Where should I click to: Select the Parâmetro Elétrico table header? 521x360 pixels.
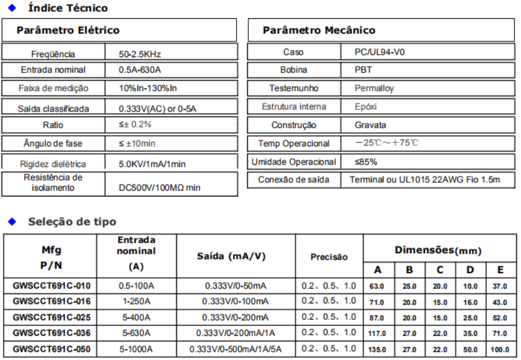click(67, 30)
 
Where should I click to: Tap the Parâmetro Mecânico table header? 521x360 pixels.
click(319, 30)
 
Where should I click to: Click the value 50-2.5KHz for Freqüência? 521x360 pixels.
click(140, 54)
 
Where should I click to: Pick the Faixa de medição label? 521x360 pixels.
click(53, 89)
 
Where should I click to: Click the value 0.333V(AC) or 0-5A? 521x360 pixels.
click(159, 109)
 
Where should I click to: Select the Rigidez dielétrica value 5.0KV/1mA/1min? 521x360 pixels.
click(152, 164)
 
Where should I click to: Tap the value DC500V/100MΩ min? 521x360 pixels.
click(159, 188)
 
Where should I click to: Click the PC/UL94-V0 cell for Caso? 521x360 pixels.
click(380, 52)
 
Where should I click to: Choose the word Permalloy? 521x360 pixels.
click(374, 89)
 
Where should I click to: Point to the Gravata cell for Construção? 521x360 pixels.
click(369, 125)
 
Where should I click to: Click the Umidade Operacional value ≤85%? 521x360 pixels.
click(366, 162)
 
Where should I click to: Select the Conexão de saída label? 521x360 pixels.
click(293, 179)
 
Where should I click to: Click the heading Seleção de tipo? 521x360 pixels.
click(72, 222)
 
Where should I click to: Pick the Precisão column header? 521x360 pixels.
click(329, 257)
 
